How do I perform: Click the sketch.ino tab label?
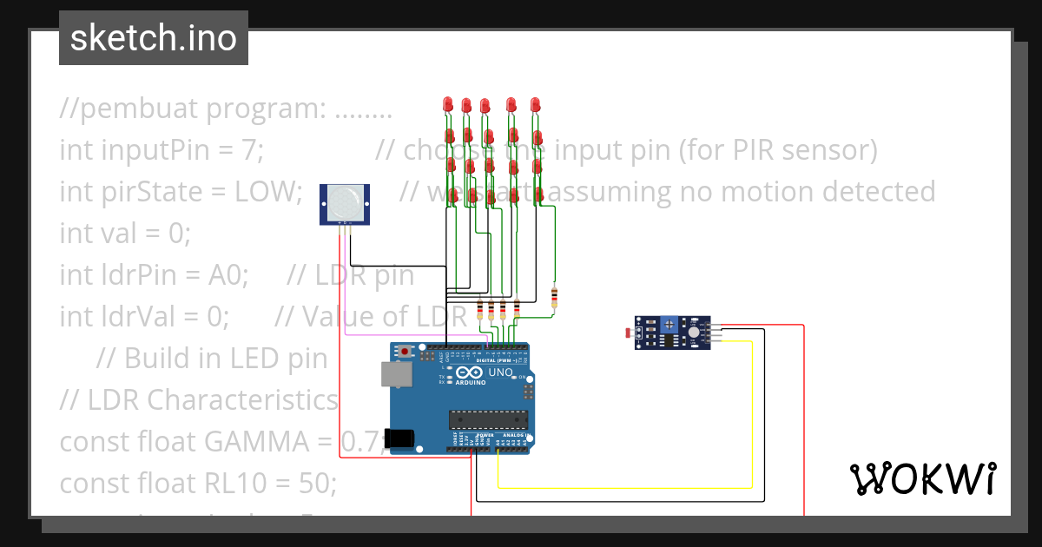tap(153, 38)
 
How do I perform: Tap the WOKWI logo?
tap(922, 478)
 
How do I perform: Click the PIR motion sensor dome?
tap(345, 202)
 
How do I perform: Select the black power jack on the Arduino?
tap(400, 439)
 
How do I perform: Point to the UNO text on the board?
tap(502, 372)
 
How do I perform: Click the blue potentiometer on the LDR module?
tap(671, 325)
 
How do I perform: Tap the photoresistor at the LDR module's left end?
tap(630, 332)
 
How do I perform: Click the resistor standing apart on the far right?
tap(554, 298)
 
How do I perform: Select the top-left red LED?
tap(447, 104)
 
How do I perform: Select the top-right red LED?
tap(535, 104)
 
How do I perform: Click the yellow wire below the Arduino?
tap(625, 488)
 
